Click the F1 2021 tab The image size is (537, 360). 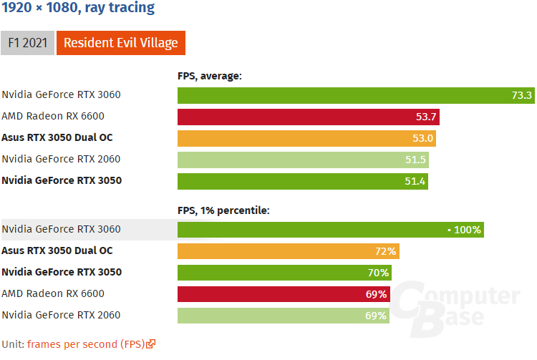tap(27, 43)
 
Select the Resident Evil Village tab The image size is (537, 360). tap(120, 43)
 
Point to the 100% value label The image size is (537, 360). tap(467, 230)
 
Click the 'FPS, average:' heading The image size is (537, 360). tap(210, 75)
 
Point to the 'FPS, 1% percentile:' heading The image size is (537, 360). tap(223, 210)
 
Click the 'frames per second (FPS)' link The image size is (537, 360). tap(85, 344)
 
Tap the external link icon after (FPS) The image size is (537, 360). tap(150, 344)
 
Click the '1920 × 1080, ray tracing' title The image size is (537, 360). tap(78, 9)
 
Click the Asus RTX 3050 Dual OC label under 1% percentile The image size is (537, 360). tap(57, 250)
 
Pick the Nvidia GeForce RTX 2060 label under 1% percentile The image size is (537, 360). tap(61, 315)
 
